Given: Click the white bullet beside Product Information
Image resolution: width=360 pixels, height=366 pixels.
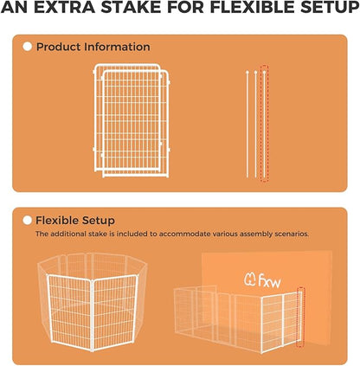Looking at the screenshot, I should coord(27,47).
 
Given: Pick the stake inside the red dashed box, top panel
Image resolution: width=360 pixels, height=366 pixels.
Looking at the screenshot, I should coord(265,121).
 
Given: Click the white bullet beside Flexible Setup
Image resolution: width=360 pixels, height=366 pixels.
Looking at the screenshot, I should coord(27,221).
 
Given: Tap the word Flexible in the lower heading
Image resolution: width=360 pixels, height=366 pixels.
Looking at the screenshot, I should coord(57,221).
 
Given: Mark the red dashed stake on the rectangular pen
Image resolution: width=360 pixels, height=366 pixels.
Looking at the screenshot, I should coord(300,318).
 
